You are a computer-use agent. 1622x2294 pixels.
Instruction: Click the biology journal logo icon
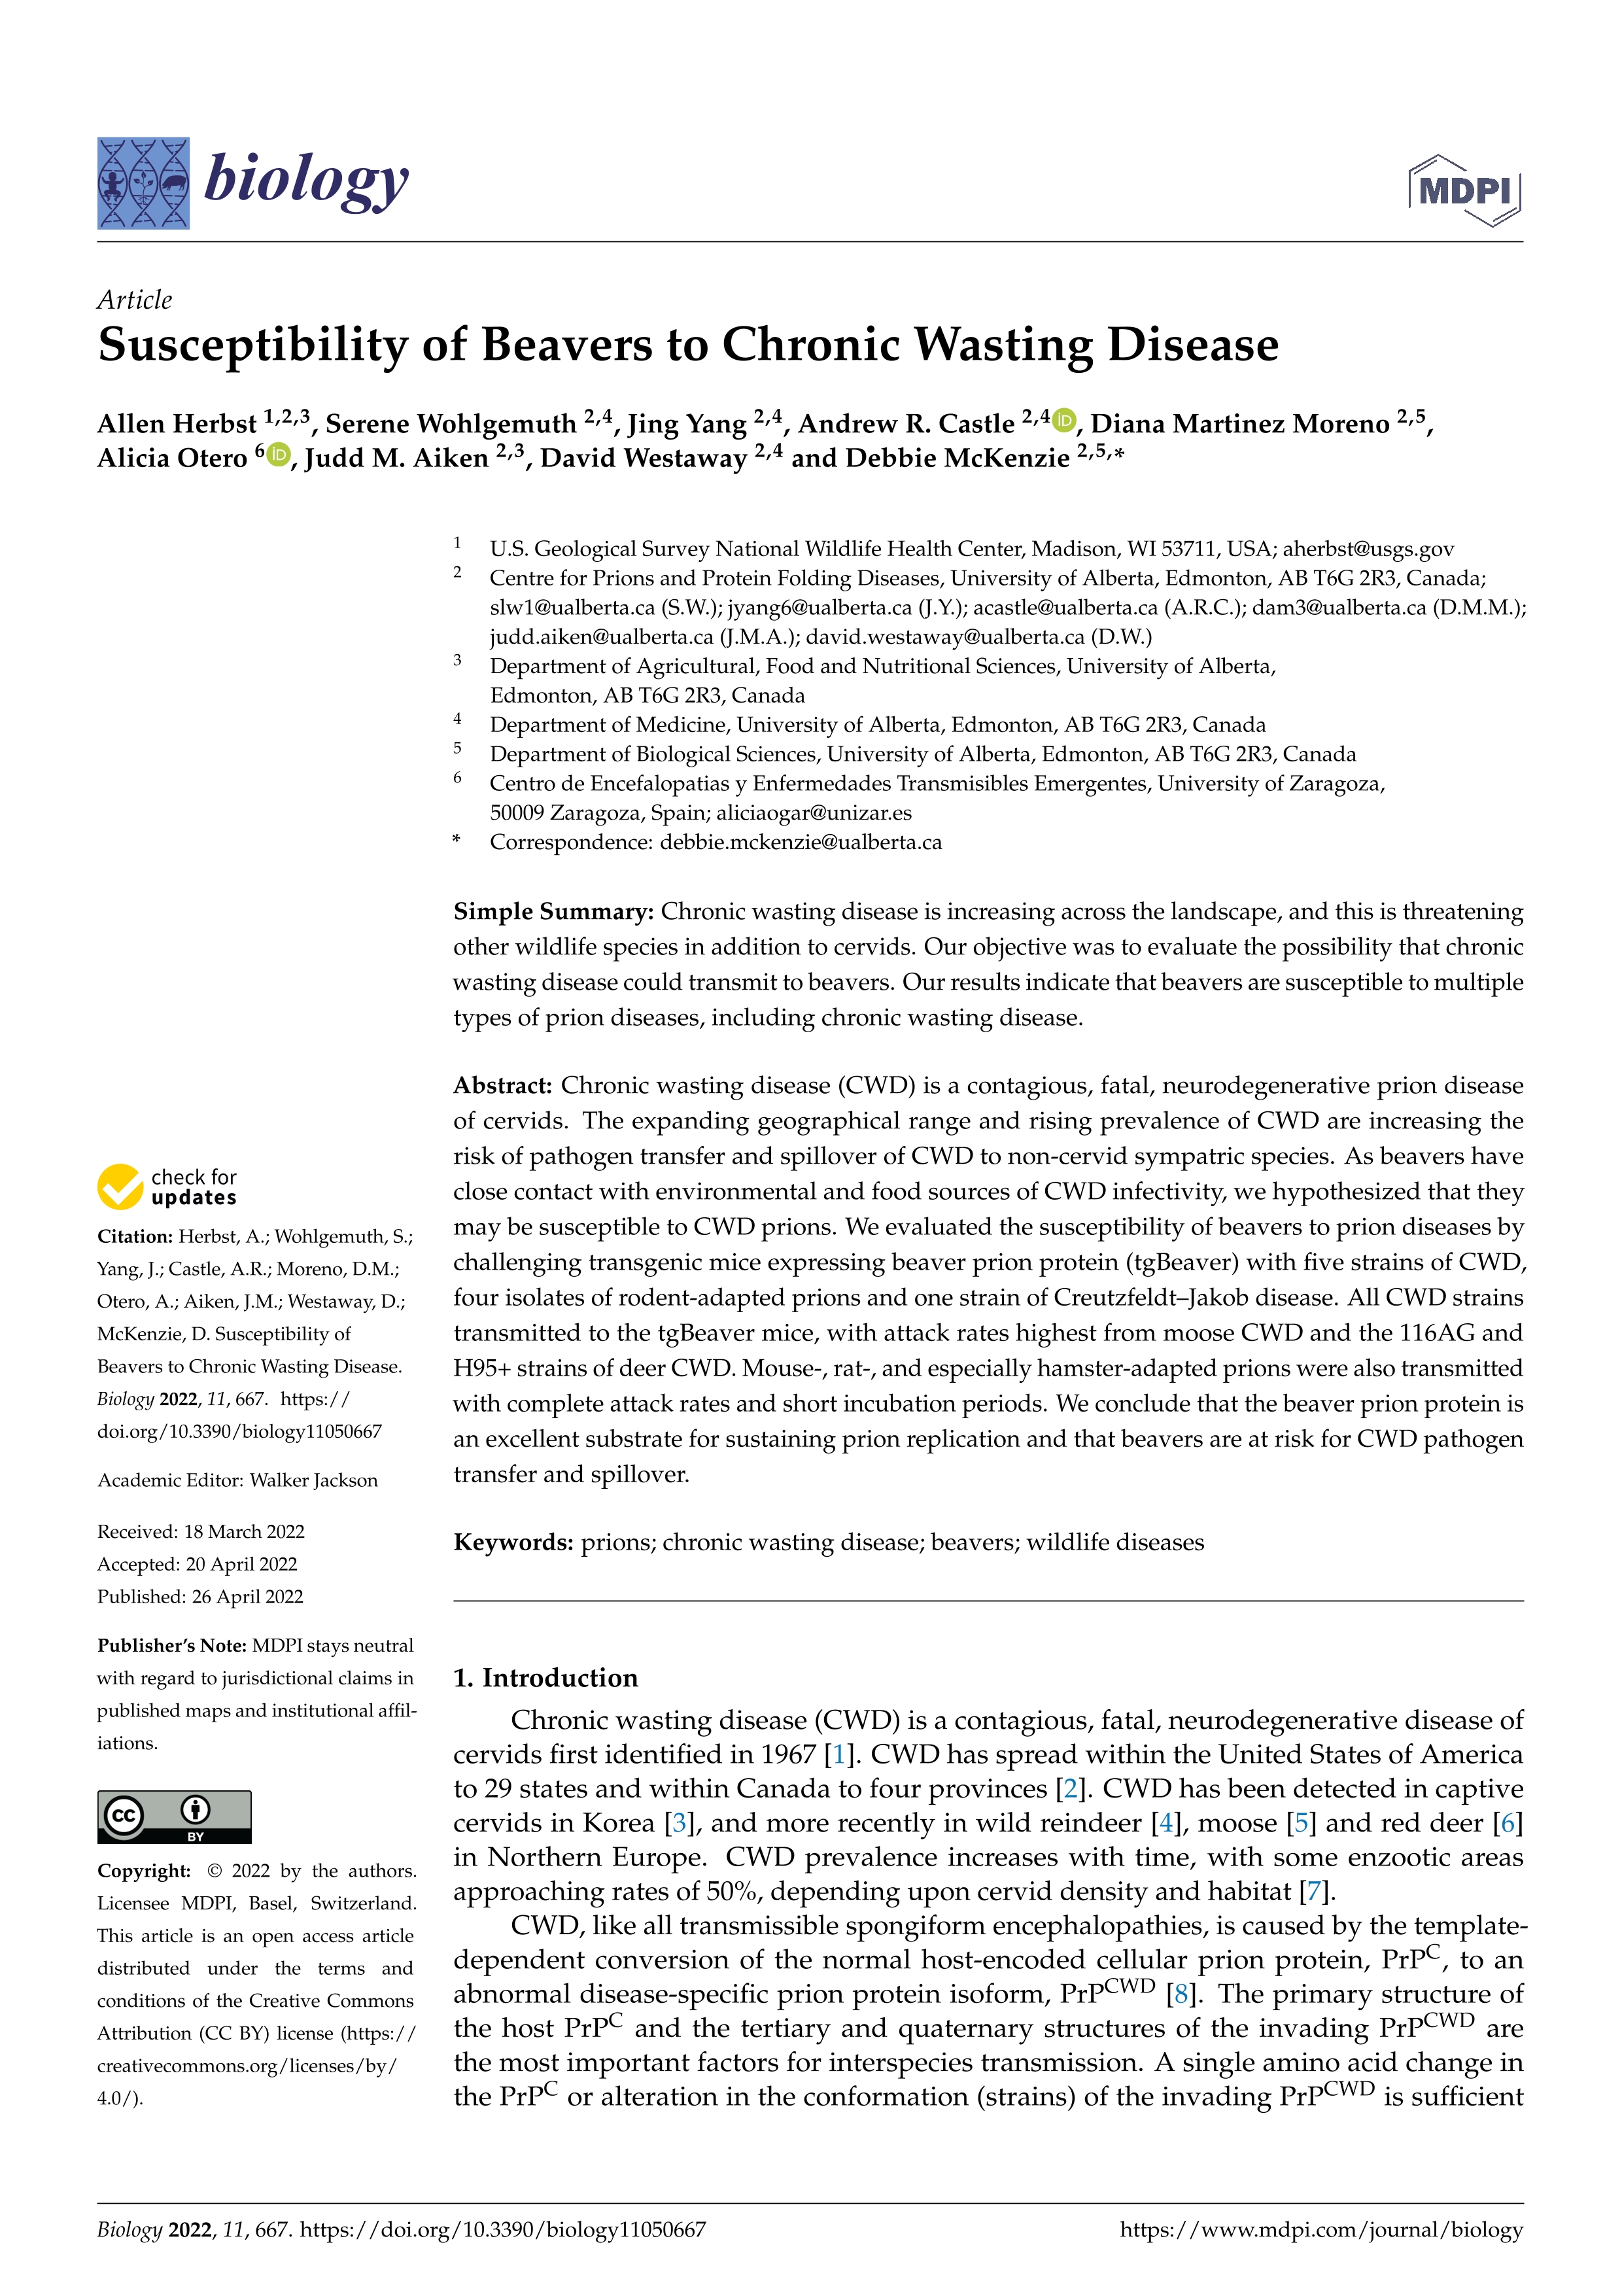pyautogui.click(x=143, y=183)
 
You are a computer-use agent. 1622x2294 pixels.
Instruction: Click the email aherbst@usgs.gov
pyautogui.click(x=1368, y=549)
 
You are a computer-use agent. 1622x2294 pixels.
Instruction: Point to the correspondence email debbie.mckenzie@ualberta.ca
pyautogui.click(x=800, y=843)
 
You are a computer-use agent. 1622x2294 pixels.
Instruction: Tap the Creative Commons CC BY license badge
pyautogui.click(x=174, y=1816)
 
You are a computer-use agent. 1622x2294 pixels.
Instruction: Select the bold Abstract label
pyautogui.click(x=502, y=1085)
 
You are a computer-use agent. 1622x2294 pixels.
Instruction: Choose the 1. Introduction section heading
pyautogui.click(x=545, y=1678)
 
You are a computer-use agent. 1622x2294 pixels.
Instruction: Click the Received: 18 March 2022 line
pyautogui.click(x=201, y=1532)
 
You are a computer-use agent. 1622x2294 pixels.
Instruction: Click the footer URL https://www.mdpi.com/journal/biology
pyautogui.click(x=1320, y=2230)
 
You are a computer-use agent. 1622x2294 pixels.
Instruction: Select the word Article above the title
pyautogui.click(x=135, y=300)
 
